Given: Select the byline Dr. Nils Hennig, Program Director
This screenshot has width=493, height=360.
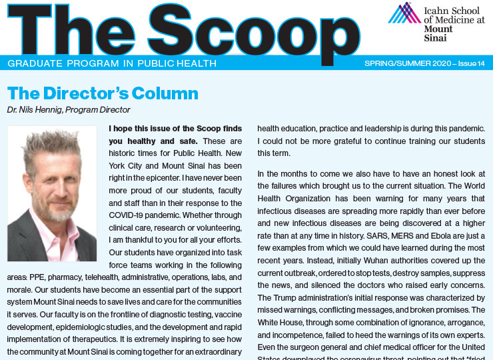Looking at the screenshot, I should click(x=69, y=109).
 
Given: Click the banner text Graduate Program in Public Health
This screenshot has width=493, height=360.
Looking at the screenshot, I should click(x=112, y=63).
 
